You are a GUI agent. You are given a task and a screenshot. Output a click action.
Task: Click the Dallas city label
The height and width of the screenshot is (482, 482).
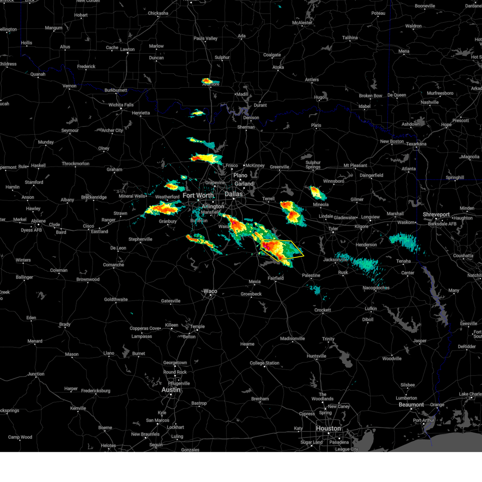[234, 194]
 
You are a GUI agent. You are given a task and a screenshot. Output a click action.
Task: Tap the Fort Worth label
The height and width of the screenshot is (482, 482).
[198, 196]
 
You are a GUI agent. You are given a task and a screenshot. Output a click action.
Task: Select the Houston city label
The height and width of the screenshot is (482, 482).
[328, 429]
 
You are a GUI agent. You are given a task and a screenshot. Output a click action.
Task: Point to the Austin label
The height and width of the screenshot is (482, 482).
[171, 390]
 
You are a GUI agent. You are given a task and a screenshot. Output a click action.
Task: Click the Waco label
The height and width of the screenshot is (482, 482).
[210, 291]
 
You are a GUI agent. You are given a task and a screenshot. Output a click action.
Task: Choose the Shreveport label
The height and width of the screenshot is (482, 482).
[436, 214]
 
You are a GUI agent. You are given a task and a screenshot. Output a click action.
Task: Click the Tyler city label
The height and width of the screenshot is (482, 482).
[333, 229]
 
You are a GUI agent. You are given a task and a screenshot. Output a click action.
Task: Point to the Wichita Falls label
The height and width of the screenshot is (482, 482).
[121, 105]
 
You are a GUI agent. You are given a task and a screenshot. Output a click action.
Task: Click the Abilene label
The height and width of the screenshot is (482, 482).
[39, 221]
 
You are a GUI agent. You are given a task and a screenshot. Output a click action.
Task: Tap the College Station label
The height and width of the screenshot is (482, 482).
[264, 363]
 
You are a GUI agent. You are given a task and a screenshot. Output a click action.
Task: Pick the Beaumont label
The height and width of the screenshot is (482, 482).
[411, 404]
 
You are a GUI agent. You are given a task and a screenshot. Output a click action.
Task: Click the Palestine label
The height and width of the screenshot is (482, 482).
[311, 276]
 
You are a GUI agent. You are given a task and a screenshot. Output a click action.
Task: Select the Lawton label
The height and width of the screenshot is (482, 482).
[127, 49]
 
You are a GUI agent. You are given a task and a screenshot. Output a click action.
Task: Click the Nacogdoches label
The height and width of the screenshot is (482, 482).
[376, 288]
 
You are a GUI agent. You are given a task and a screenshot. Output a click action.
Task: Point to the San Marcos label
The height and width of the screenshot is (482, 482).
[157, 421]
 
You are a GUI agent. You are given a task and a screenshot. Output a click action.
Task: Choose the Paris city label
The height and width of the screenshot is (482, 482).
[316, 125]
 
